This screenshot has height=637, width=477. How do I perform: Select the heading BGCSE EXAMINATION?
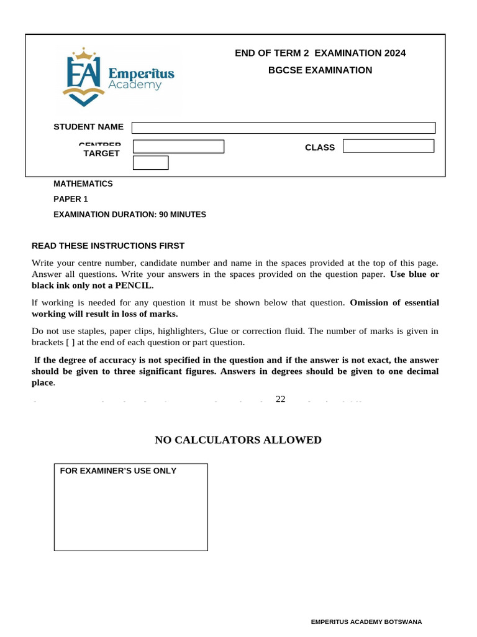coord(320,70)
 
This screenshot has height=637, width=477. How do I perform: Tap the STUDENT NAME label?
coord(88,127)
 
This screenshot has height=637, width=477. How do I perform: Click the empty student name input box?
coord(283,128)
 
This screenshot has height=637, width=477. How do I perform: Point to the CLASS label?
coord(320,147)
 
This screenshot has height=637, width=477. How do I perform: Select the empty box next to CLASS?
coord(388,146)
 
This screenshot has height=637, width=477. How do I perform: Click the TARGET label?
coord(101,154)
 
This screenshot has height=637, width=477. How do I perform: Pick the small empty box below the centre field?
coord(151,163)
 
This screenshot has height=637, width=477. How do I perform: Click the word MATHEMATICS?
coord(83,184)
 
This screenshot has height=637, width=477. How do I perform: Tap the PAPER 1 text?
coord(71,199)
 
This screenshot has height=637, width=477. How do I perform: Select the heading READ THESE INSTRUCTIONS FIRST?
coord(108,246)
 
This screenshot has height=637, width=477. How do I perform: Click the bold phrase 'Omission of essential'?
coord(394,303)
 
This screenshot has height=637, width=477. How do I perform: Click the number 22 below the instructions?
coord(280,399)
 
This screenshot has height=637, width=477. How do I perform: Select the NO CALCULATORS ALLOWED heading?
coord(238,440)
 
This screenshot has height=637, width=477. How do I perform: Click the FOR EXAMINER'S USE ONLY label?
coord(118,471)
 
